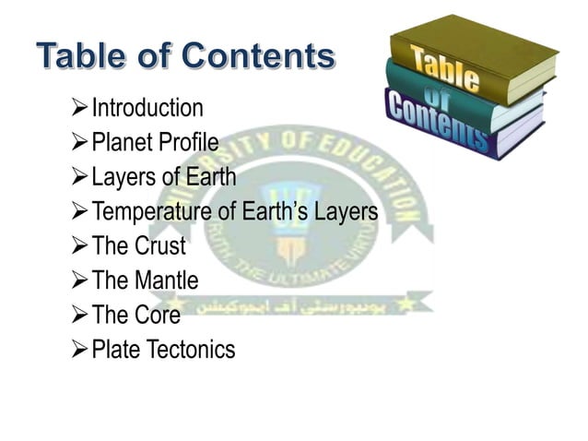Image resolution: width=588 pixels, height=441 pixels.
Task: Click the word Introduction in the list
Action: pyautogui.click(x=147, y=108)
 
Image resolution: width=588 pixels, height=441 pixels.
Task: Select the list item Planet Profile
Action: pyautogui.click(x=154, y=143)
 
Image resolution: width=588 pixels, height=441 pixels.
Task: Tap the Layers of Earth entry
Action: pyautogui.click(x=163, y=177)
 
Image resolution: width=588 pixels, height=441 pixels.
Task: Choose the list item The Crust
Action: pyautogui.click(x=138, y=247)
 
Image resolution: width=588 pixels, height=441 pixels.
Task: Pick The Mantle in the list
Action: pyautogui.click(x=145, y=281)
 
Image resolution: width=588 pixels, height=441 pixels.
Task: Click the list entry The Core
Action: pyautogui.click(x=135, y=316)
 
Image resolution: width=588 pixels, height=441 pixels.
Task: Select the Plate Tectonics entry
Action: pyautogui.click(x=163, y=351)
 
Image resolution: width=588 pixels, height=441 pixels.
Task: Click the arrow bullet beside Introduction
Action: pyautogui.click(x=79, y=109)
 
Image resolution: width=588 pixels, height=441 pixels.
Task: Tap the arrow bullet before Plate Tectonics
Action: pyautogui.click(x=79, y=351)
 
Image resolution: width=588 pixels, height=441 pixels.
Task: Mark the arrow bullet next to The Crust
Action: pyautogui.click(x=79, y=247)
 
